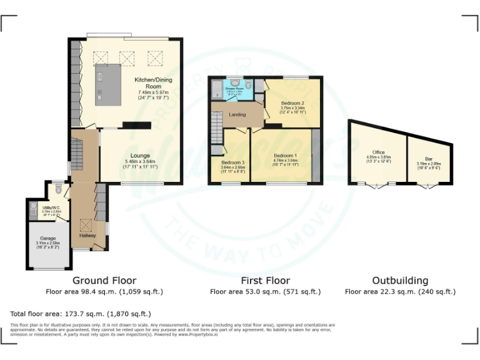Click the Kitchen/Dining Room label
[x=153, y=84]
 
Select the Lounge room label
[x=139, y=156]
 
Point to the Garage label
[x=48, y=238]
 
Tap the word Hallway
[x=84, y=236]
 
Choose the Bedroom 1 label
[x=286, y=155]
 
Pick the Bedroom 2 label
[x=292, y=102]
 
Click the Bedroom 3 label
[x=232, y=162]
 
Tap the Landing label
[x=237, y=114]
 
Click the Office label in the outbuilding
[x=378, y=152]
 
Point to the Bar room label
[x=428, y=159]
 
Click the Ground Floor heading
[x=104, y=281]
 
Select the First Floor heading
[x=265, y=281]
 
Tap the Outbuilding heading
[x=400, y=281]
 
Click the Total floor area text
[x=80, y=313]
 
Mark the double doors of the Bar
[x=427, y=185]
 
